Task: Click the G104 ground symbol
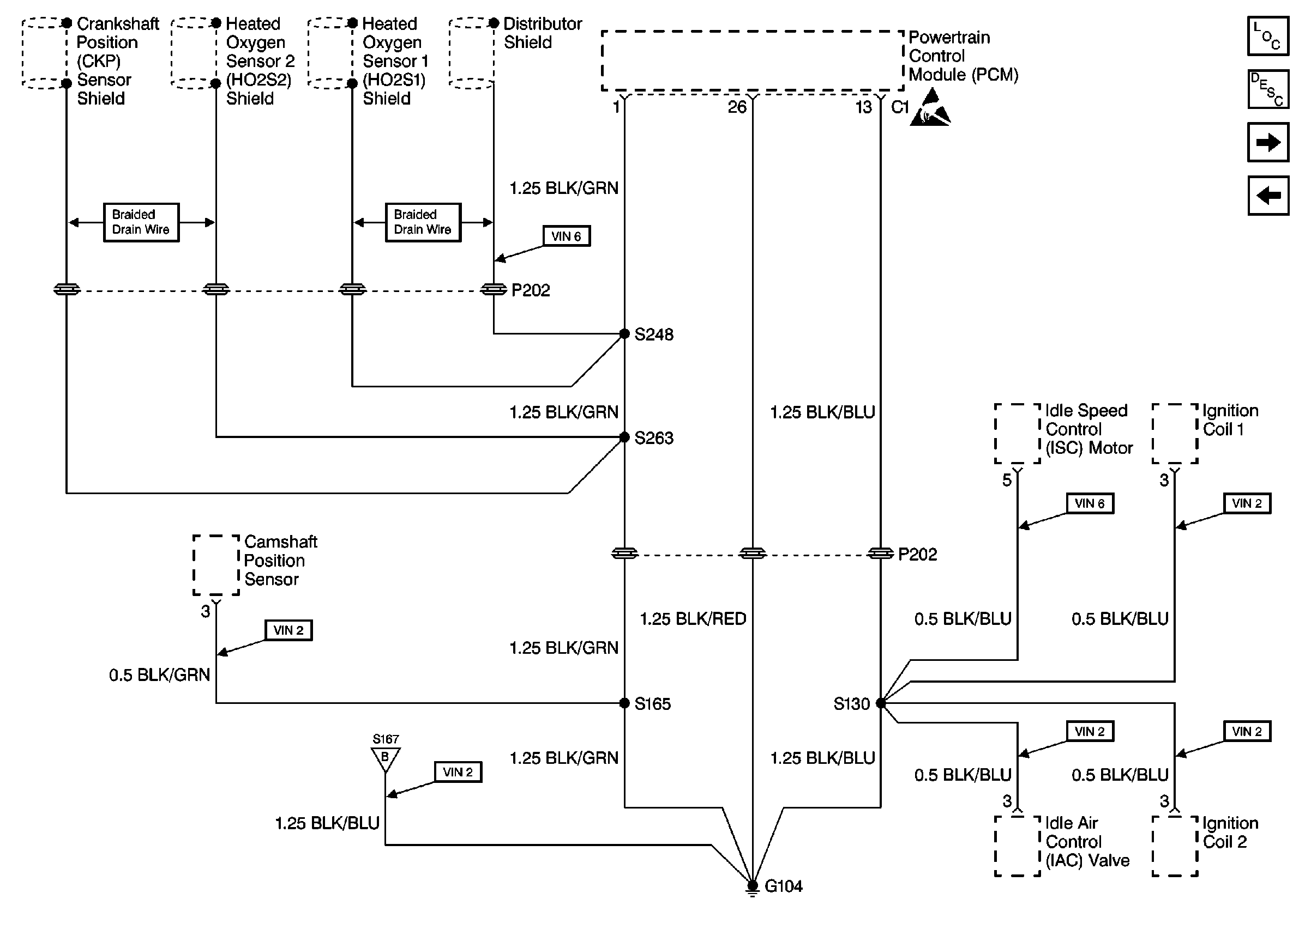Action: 752,886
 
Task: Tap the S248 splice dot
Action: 624,334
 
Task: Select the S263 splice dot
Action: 624,437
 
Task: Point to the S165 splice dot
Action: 624,703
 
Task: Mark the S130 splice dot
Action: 881,703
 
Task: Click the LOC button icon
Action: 1268,37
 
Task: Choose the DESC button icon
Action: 1268,89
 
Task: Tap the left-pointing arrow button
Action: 1268,196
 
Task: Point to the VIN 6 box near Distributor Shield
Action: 567,236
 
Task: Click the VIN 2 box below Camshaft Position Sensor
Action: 288,630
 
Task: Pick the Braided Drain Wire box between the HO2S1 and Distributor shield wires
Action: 423,222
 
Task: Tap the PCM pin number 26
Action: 737,107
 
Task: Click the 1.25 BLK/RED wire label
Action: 693,619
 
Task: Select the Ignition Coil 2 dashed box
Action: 1175,846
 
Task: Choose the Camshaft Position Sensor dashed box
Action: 216,565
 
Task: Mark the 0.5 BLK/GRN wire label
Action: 159,675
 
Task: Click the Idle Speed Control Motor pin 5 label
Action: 1007,480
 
